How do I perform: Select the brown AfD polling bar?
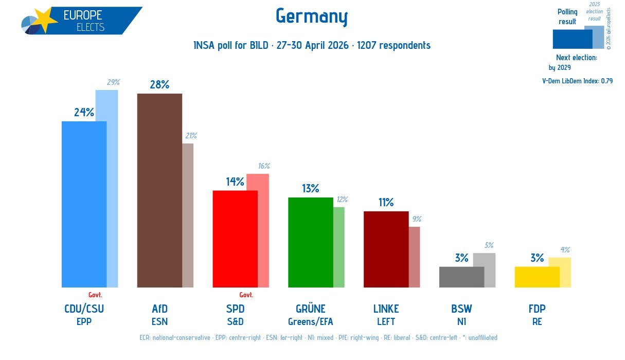159,190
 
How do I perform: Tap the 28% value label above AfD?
159,84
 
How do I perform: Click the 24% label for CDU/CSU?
84,113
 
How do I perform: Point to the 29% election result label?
113,82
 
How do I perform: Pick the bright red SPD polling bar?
235,239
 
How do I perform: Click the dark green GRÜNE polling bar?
311,242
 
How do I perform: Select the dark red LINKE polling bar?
386,249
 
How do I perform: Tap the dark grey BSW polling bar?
462,277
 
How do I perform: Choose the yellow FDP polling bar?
537,277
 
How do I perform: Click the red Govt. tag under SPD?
246,295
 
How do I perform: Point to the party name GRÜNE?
311,309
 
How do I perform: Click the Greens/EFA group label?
311,322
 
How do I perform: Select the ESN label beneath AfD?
159,322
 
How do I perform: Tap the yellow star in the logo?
45,19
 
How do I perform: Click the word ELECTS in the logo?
91,27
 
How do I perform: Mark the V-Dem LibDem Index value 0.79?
607,81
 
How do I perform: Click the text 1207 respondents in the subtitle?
394,45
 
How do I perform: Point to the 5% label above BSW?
489,245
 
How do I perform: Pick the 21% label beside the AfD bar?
191,136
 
